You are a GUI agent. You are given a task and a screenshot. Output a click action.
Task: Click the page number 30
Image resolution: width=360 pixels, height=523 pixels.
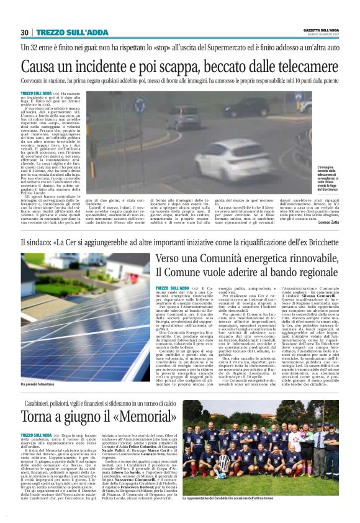click(25, 32)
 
